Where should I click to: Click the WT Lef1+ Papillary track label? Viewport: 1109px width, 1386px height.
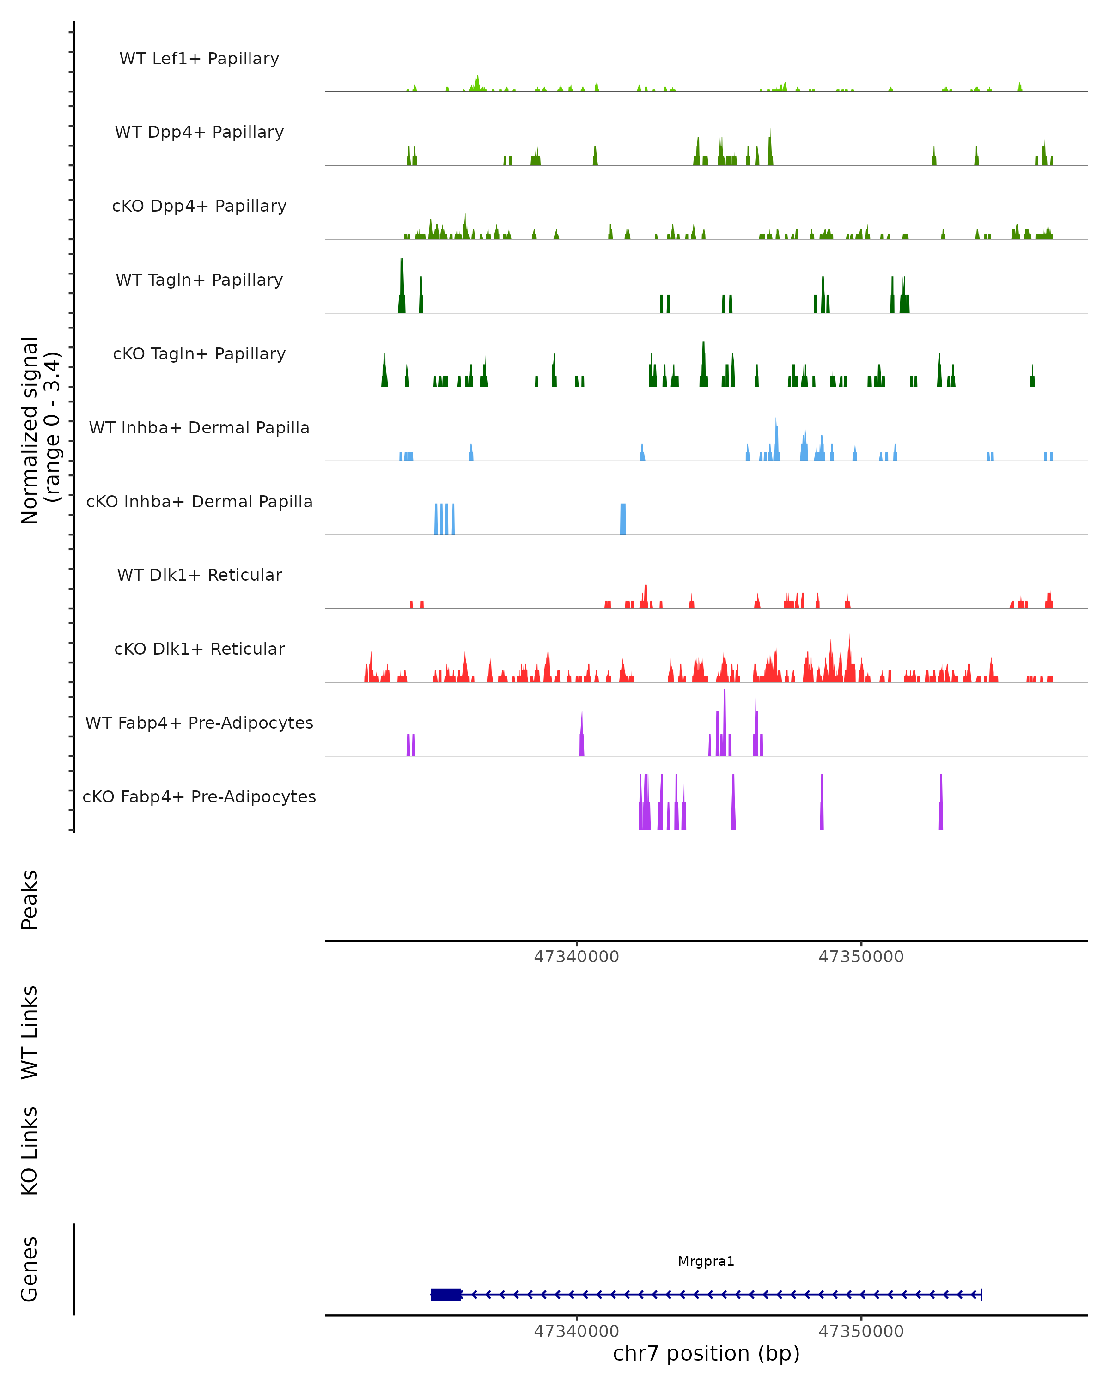pos(199,59)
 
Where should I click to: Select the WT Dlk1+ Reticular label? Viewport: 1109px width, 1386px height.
pos(199,575)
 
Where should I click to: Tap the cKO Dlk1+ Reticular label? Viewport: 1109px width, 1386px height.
pos(199,649)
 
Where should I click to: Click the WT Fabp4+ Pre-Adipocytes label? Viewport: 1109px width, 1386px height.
pos(199,723)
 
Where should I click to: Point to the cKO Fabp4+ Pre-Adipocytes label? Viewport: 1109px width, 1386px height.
pos(199,796)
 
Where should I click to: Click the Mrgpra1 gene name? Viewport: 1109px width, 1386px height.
pos(706,1261)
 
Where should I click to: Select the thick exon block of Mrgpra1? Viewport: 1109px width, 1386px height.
pos(445,1295)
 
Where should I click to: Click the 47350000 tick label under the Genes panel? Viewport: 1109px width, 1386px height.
pos(861,1331)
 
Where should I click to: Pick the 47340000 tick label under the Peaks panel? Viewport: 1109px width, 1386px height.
pos(576,957)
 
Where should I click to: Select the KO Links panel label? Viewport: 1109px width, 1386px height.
pos(30,1151)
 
